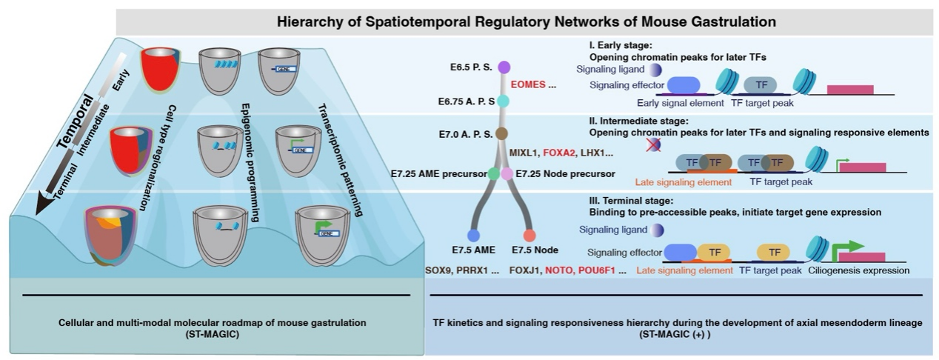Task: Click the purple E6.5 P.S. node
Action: pyautogui.click(x=504, y=67)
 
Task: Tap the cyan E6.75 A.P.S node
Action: pyautogui.click(x=502, y=101)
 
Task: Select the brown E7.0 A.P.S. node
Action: pyautogui.click(x=501, y=133)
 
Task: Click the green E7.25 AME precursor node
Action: pyautogui.click(x=493, y=173)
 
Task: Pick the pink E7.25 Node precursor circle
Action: pyautogui.click(x=507, y=174)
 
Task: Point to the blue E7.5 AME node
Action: pyautogui.click(x=474, y=236)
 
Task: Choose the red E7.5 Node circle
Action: pyautogui.click(x=529, y=236)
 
